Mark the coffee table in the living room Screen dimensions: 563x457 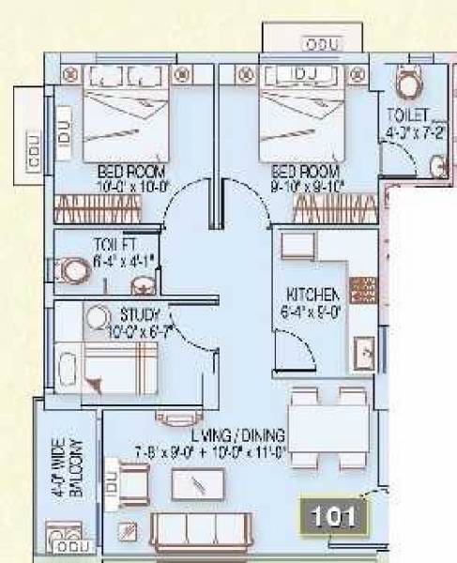(199, 484)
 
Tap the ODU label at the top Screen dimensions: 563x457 (322, 45)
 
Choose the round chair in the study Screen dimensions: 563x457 (96, 317)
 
